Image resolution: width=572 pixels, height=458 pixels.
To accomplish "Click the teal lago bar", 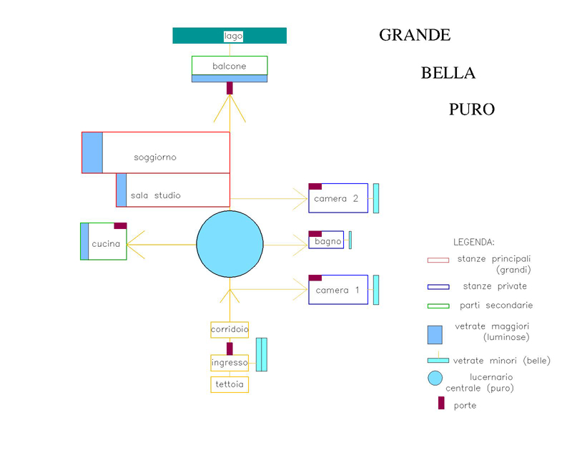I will point(229,36).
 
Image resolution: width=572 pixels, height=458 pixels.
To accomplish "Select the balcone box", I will point(229,66).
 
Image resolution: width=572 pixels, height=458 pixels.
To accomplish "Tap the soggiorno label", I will point(154,157).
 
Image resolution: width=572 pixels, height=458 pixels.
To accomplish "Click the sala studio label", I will point(155,195).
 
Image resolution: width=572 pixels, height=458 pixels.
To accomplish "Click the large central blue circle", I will point(230,243).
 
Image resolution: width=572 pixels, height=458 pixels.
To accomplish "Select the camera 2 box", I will point(338,198).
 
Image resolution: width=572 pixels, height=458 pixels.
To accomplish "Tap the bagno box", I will point(327,240).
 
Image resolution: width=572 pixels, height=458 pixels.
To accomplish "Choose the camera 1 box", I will point(338,290).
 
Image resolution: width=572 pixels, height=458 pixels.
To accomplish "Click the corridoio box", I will point(230,330).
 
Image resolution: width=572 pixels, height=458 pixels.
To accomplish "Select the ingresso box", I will point(230,363).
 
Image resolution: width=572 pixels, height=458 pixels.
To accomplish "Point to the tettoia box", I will point(230,385).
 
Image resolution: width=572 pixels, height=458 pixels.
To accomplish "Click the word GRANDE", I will point(414,34).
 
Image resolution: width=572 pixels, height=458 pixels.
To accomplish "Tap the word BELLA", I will point(448,72).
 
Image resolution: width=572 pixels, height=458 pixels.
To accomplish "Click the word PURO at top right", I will point(472,109).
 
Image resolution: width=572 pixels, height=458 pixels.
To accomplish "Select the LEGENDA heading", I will point(473,242).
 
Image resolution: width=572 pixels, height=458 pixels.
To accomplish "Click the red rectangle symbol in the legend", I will point(438,260).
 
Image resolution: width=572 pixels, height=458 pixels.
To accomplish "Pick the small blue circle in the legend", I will point(435,379).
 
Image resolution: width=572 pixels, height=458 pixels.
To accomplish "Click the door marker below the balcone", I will point(230,88).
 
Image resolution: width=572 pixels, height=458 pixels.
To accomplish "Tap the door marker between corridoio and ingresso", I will point(230,349).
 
